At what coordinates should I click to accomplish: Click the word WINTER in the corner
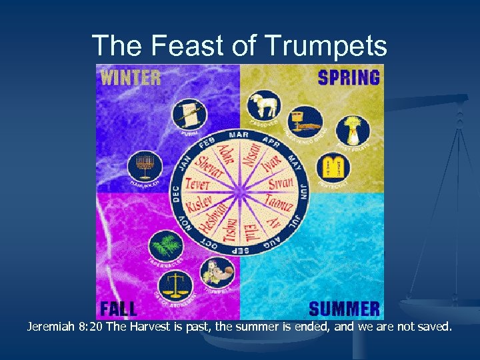point(131,77)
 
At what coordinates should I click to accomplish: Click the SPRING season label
point(349,77)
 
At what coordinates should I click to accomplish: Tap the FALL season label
point(119,309)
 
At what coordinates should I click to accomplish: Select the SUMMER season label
point(344,309)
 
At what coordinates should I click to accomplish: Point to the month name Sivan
point(281,183)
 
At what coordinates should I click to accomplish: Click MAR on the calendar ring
point(239,135)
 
